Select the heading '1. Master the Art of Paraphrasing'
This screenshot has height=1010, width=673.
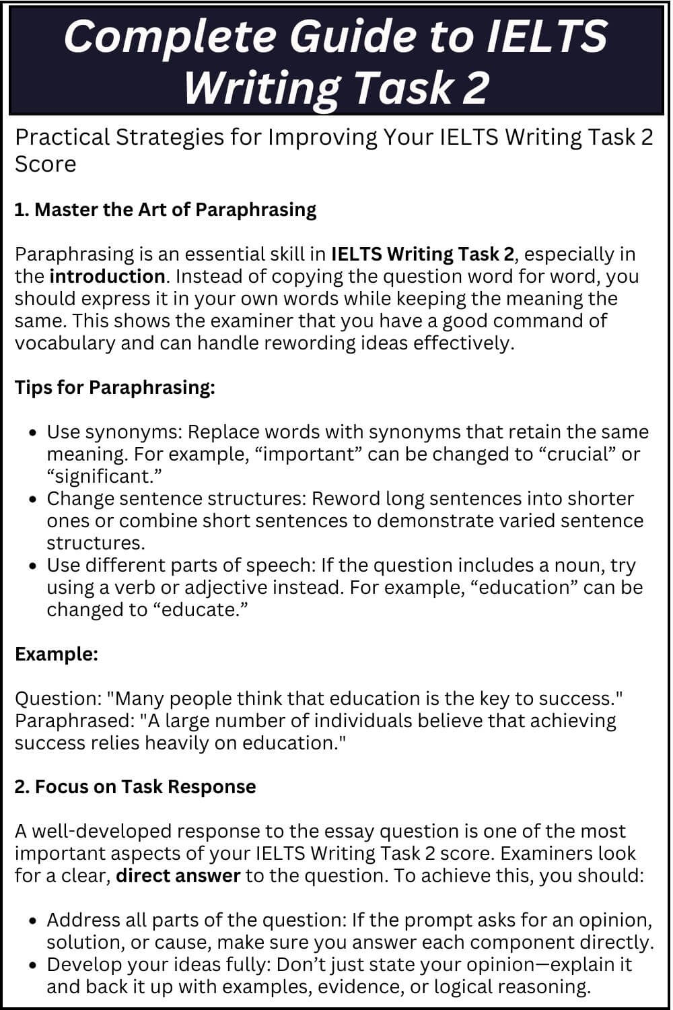click(x=166, y=209)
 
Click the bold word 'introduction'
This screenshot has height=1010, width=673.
click(x=107, y=276)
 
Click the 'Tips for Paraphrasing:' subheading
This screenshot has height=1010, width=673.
click(x=115, y=387)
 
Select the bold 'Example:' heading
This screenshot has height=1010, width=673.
click(x=57, y=654)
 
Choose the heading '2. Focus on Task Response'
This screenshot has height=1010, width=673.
click(x=135, y=786)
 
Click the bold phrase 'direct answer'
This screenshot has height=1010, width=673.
click(x=178, y=875)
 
